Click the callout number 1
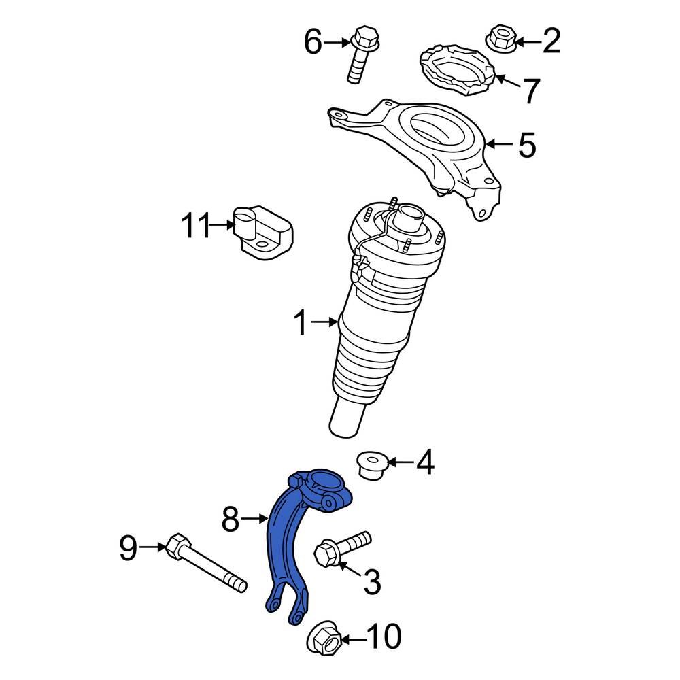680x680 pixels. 301,324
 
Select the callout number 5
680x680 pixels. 527,145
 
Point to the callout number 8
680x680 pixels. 231,520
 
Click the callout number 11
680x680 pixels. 196,226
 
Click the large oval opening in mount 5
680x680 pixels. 437,129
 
